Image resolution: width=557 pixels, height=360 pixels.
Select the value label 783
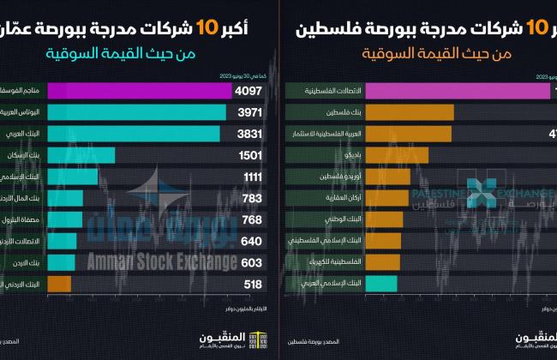(x=251, y=198)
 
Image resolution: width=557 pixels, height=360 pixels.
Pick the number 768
(x=251, y=219)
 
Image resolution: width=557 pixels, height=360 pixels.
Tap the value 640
(x=251, y=241)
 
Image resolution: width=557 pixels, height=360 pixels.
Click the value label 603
(x=251, y=261)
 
